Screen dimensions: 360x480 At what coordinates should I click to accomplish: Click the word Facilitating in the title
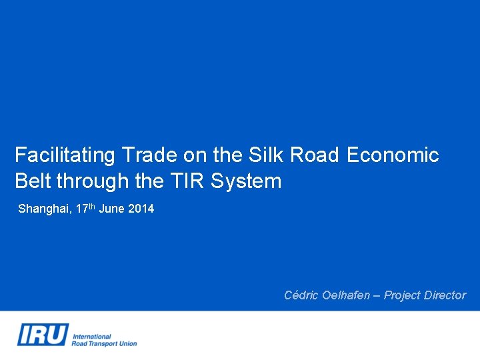tap(65, 155)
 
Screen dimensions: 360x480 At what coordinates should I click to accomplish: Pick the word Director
tap(445, 295)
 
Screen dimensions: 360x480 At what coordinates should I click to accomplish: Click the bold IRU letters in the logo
tap(43, 334)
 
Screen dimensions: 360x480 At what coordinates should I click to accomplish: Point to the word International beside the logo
tap(91, 337)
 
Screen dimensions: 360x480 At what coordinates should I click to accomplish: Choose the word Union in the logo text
tap(128, 344)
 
